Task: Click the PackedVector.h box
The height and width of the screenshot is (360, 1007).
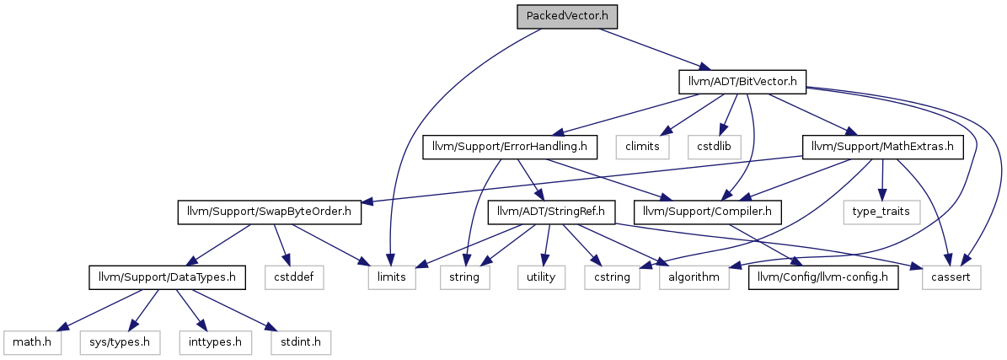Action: [x=567, y=16]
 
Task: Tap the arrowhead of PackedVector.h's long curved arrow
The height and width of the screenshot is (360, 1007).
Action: [x=391, y=260]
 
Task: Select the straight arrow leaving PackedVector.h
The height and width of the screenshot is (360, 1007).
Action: [x=649, y=48]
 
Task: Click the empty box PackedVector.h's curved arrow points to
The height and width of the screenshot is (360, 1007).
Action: [x=392, y=277]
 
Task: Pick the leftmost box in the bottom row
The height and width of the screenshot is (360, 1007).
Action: [x=33, y=343]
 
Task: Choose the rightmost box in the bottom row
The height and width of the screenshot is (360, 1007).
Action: [x=301, y=343]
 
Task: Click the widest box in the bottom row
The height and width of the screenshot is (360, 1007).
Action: [x=120, y=343]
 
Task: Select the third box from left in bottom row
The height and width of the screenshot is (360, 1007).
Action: [x=215, y=343]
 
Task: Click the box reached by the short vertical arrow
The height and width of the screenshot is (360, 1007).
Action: [x=881, y=212]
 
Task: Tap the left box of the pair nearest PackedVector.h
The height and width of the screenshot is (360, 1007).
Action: [x=642, y=147]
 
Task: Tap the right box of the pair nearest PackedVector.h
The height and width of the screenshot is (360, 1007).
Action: [x=714, y=147]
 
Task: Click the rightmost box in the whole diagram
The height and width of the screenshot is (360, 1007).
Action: [x=951, y=277]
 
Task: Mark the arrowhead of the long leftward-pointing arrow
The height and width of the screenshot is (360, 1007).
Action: [x=364, y=202]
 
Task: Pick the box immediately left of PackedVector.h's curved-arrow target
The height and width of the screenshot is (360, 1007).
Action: [x=295, y=277]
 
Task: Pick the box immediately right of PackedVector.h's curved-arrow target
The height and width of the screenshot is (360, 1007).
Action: [x=464, y=277]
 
